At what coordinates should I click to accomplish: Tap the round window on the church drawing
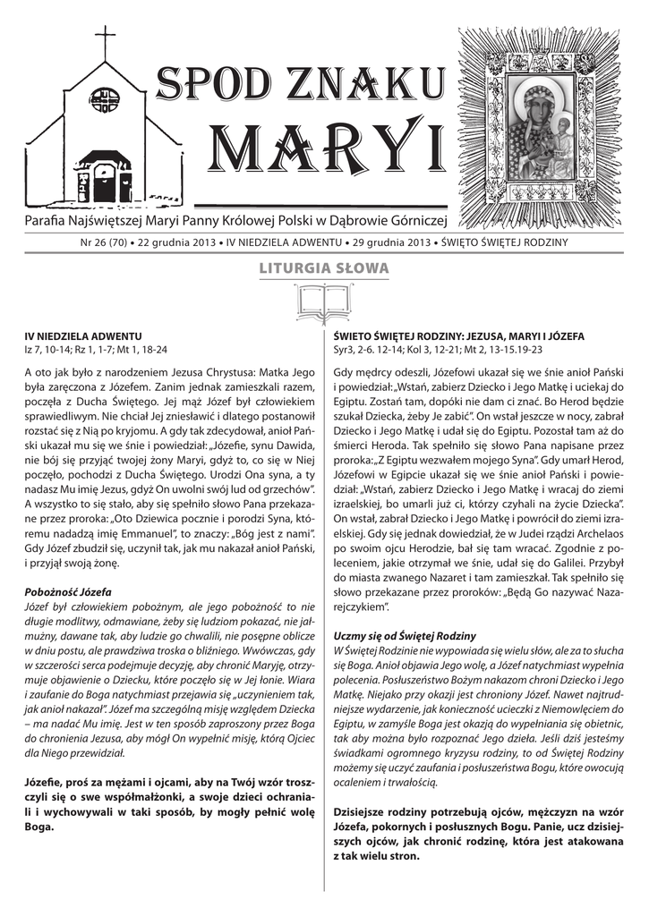106,98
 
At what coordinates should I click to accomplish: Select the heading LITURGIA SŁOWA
323,267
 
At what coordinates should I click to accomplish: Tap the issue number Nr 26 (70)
106,242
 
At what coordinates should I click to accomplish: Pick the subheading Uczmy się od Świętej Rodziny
405,635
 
